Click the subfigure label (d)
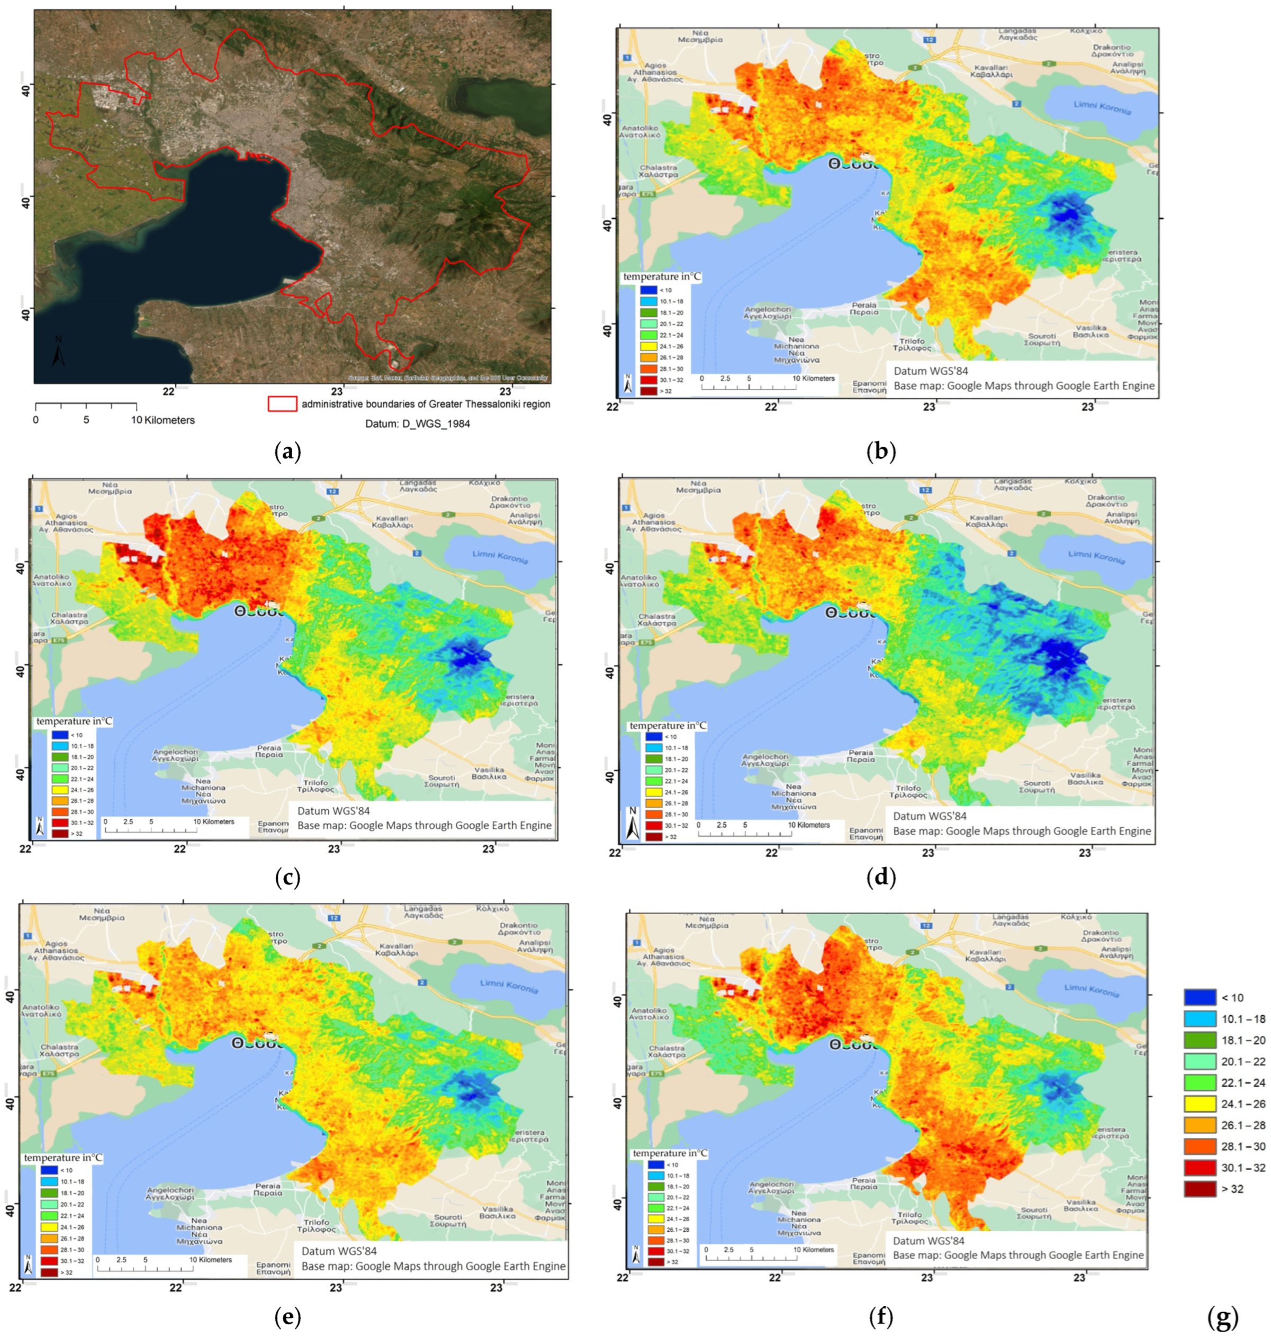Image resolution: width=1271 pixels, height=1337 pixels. coord(881,878)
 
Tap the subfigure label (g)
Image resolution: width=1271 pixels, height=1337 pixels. coord(1223,1317)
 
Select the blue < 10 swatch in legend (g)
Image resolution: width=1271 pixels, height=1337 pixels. coord(1200,998)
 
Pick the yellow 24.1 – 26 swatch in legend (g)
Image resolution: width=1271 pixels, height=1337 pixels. coord(1200,1104)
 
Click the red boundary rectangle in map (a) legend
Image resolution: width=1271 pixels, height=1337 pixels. coord(282,404)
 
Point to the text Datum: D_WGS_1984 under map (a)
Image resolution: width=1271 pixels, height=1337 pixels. coord(417,424)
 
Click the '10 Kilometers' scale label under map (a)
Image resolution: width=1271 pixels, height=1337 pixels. coord(163,420)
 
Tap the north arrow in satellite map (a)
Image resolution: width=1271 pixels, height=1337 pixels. coord(59,350)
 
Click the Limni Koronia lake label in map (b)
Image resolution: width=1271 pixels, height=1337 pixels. coord(1102,107)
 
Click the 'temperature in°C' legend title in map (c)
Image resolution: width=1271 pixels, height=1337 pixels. coord(74,721)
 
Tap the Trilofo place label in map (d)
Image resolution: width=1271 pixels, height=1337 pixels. coord(908,792)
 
